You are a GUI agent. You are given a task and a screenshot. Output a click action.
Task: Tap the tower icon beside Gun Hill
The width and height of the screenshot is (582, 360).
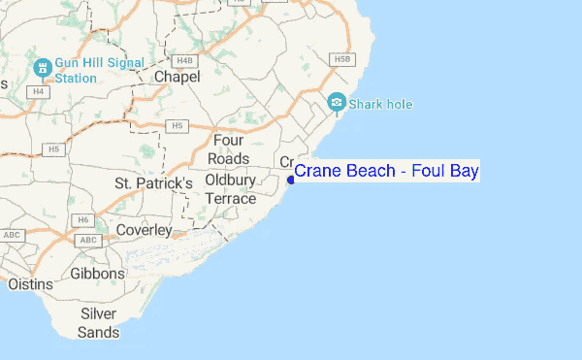[42, 69]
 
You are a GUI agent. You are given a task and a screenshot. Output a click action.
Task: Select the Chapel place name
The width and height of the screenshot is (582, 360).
[177, 76]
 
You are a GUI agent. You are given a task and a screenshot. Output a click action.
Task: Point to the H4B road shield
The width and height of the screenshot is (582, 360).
[187, 60]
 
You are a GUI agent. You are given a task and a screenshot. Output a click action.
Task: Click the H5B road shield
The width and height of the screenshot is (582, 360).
[340, 59]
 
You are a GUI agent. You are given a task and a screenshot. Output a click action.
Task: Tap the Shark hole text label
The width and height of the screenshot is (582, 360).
[380, 102]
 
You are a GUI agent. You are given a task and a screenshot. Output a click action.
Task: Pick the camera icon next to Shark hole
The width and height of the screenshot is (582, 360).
[337, 101]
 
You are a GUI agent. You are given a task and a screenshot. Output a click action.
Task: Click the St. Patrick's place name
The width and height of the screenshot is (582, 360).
[153, 182]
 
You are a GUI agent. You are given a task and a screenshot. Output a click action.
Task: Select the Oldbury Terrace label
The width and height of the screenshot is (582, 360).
[231, 189]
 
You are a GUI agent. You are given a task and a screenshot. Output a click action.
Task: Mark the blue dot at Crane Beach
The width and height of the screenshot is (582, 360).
[291, 179]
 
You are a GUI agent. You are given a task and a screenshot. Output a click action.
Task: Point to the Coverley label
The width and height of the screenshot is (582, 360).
[143, 230]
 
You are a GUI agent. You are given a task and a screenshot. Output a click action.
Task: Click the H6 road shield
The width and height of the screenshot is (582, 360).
[83, 219]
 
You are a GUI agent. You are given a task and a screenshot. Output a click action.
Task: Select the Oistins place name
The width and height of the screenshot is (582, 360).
[31, 284]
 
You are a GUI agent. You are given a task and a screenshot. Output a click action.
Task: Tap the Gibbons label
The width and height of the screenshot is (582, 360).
[98, 274]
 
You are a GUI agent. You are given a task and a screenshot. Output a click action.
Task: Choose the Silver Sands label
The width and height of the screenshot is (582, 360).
[99, 323]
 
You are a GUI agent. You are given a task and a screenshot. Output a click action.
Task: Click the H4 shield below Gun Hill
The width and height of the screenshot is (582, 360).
[39, 91]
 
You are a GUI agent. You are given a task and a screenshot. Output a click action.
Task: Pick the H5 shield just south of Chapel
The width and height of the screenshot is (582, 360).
[176, 125]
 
